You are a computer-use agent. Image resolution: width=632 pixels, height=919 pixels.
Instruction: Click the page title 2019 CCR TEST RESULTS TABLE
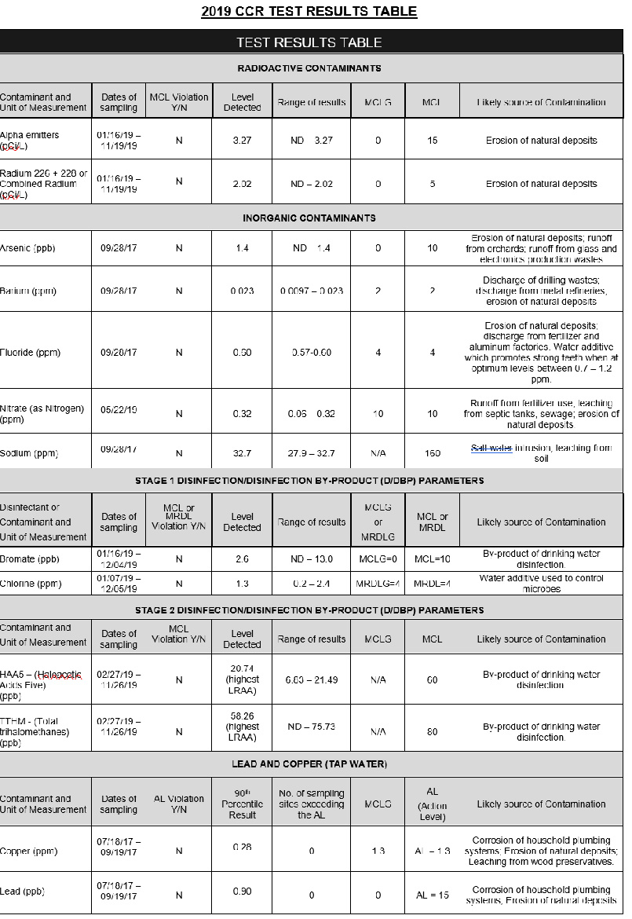[309, 11]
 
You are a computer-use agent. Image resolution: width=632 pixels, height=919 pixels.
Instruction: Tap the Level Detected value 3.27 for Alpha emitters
[242, 141]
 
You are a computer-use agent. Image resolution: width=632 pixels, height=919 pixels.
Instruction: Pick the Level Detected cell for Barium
[242, 291]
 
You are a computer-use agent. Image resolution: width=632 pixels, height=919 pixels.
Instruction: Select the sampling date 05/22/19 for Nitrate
[119, 410]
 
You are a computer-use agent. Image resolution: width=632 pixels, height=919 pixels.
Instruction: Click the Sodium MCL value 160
[432, 453]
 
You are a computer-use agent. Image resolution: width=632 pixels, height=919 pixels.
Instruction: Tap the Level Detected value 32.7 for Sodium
[242, 453]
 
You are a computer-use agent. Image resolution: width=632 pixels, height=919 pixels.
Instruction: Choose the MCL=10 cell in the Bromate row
[432, 559]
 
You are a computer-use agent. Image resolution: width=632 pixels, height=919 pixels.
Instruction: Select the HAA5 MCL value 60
[432, 680]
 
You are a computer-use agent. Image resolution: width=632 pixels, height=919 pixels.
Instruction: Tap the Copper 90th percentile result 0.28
[242, 847]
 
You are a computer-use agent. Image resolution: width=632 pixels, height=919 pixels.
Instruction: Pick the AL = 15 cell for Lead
[432, 895]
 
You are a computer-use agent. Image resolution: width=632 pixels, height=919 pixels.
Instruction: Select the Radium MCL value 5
[432, 184]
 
